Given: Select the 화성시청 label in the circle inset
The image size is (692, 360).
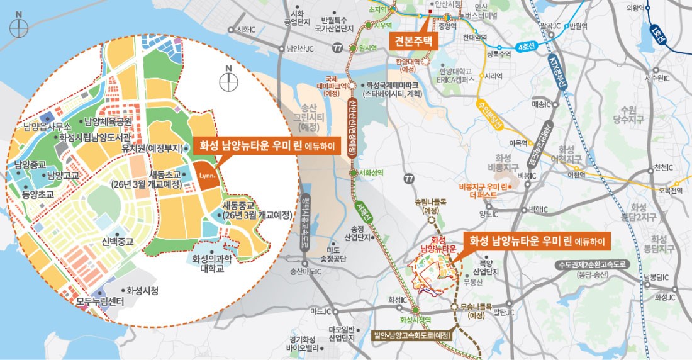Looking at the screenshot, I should tap(142, 291).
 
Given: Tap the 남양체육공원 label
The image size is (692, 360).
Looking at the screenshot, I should tap(108, 121).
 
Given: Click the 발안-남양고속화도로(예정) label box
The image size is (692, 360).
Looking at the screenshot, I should tap(413, 335).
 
